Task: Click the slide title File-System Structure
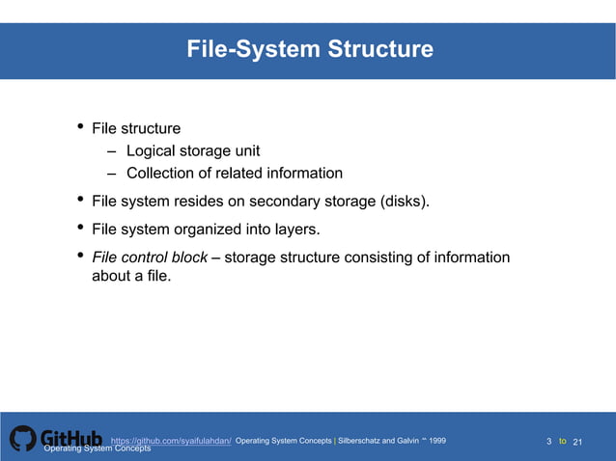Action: [310, 48]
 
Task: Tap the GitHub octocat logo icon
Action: [22, 439]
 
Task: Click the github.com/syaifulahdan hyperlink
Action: [171, 440]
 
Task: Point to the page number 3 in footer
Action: [549, 442]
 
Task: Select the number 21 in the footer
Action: [579, 442]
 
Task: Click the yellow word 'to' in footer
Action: [563, 442]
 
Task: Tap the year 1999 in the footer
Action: [437, 440]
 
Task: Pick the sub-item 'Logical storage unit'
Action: [192, 150]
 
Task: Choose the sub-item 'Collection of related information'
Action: [234, 174]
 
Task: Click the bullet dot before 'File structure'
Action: [81, 128]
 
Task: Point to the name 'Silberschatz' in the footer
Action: [367, 440]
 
